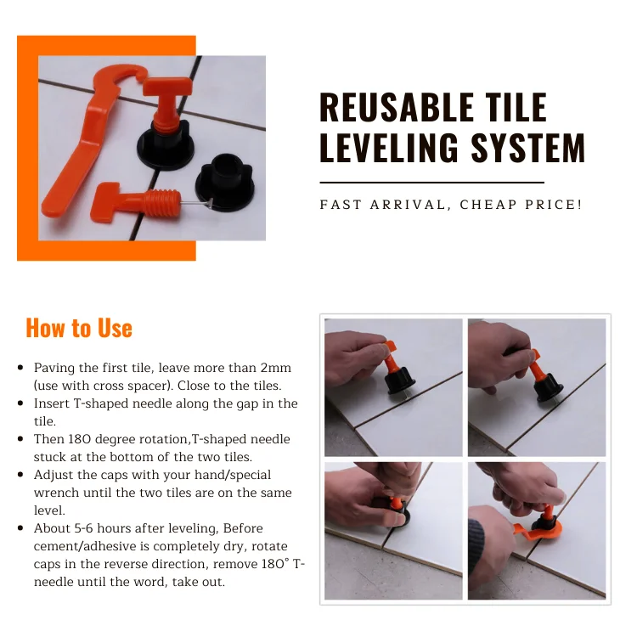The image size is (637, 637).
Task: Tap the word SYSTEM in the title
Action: coord(527,147)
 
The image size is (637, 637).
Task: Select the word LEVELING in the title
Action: coord(389,147)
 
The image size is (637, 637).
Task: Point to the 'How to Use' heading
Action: coord(79,328)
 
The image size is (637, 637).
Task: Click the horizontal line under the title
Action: coord(431,183)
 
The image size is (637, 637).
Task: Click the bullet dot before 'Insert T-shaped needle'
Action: coord(20,403)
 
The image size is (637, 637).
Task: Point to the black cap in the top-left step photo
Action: coord(399,381)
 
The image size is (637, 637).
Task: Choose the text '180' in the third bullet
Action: coord(80,439)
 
